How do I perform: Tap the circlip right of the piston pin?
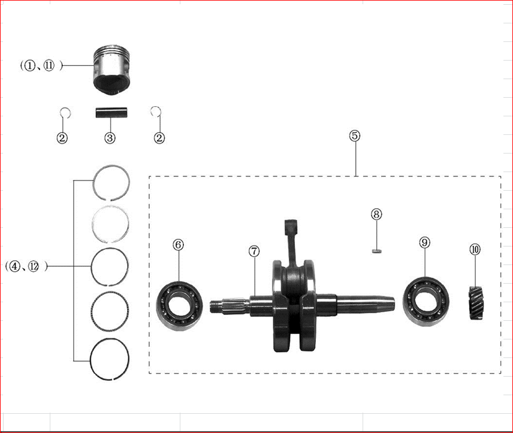156,112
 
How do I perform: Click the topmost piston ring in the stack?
111,182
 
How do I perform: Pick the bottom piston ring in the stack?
110,359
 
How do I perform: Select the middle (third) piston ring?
110,266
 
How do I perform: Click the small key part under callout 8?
376,251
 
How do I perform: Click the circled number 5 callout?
355,136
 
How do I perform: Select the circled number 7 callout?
254,251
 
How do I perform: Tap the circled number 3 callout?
110,138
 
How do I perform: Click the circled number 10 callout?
475,249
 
